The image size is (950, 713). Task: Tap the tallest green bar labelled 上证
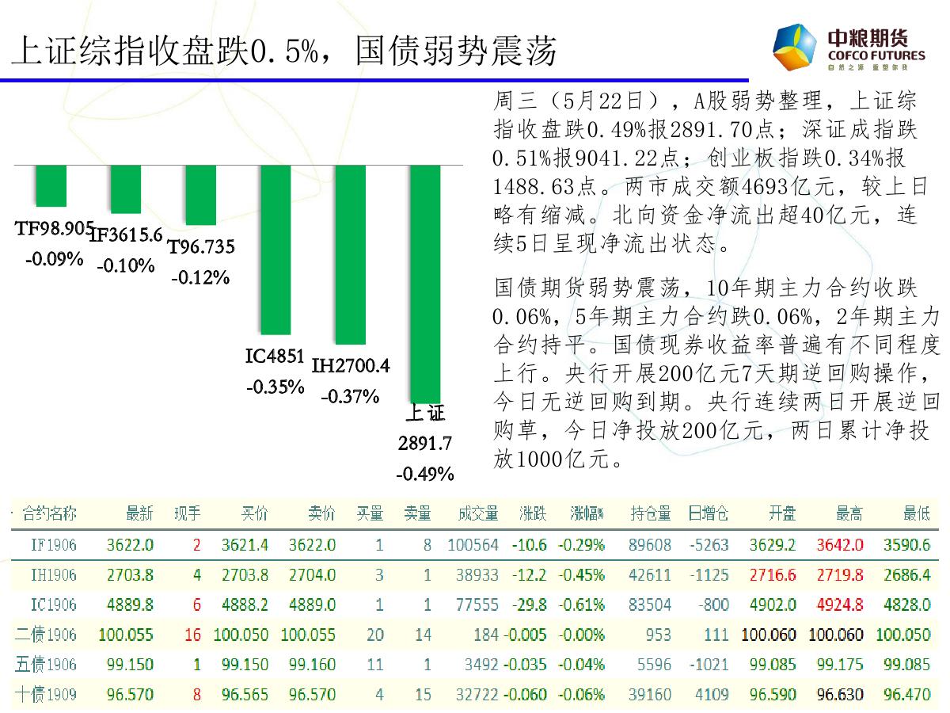424,284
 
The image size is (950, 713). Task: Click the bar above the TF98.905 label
51,186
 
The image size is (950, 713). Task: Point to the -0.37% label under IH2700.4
350,396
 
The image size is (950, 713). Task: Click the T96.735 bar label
201,247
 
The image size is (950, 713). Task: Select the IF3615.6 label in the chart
126,234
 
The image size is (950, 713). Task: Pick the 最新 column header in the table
139,514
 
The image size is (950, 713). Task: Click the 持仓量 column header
651,514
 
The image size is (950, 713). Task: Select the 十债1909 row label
47,695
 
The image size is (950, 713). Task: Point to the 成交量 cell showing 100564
473,545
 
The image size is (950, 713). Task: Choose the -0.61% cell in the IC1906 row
581,604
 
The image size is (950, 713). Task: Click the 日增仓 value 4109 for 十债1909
712,695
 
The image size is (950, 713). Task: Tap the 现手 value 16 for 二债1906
192,635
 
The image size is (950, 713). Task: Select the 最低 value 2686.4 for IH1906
907,574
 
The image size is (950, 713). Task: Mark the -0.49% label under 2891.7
425,475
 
